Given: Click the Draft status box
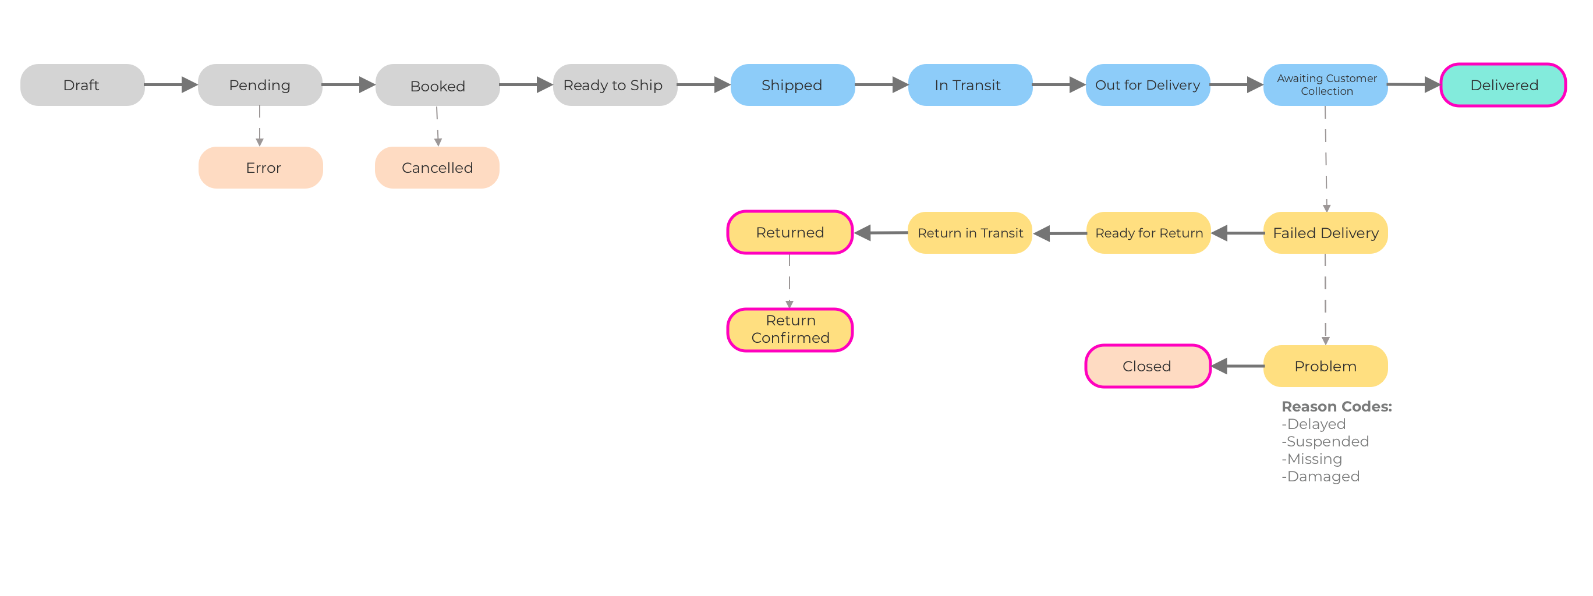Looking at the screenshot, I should click(x=82, y=85).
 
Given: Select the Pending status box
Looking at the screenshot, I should click(x=260, y=85).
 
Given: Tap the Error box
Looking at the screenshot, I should click(x=260, y=168).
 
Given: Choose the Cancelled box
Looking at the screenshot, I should click(x=437, y=168).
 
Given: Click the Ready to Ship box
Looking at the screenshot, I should click(x=615, y=85).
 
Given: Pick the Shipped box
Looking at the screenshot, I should click(x=792, y=85).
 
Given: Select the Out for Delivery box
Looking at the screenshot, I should click(x=1147, y=85).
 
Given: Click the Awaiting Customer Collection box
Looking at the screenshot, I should click(x=1325, y=85).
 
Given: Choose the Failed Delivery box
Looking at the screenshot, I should click(x=1325, y=233).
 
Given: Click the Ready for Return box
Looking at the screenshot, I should click(x=1148, y=233).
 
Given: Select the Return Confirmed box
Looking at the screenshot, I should click(x=790, y=329).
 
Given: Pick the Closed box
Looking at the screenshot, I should click(x=1147, y=366).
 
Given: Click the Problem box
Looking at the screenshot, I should click(x=1325, y=366).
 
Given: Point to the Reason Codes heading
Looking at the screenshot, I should click(x=1336, y=407).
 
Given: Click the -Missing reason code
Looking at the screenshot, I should click(x=1312, y=459).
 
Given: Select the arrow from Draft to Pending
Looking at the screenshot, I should click(x=171, y=85).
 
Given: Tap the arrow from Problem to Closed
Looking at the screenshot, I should click(x=1237, y=366).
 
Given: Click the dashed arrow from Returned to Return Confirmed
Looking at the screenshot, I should click(x=789, y=281).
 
